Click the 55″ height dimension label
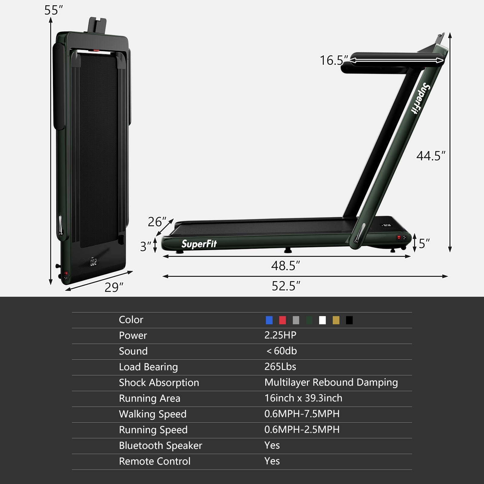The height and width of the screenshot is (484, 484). tap(53, 10)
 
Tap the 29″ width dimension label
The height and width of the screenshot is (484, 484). tap(114, 287)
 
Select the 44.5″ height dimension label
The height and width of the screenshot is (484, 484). tap(431, 156)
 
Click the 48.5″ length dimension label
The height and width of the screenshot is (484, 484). tap(285, 266)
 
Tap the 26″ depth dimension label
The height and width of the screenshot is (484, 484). tap(157, 222)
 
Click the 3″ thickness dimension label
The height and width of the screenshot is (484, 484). tap(146, 246)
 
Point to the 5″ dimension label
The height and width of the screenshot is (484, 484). tap(424, 243)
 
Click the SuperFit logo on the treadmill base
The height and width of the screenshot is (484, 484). tap(199, 244)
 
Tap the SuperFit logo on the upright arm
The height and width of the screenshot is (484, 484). tap(421, 98)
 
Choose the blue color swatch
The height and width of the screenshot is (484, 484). tap(269, 320)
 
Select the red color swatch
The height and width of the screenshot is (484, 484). tap(283, 320)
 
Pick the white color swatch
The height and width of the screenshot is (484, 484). tap(322, 320)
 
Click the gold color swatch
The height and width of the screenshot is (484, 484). tap(336, 320)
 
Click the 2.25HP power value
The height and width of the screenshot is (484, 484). tap(280, 335)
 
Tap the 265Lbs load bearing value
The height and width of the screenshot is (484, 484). tap(280, 367)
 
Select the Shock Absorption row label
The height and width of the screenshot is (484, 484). tap(159, 382)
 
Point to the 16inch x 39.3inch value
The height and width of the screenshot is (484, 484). tap(303, 398)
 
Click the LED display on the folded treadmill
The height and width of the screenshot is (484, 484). tap(93, 262)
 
